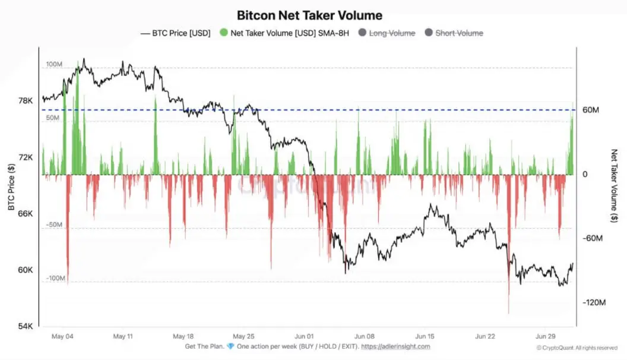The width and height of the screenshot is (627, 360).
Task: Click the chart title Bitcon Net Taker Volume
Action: tap(309, 15)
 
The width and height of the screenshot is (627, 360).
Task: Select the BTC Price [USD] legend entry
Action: tap(176, 33)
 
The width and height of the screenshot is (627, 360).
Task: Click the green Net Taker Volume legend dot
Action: tap(223, 33)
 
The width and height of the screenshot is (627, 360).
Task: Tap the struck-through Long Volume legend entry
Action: tap(387, 33)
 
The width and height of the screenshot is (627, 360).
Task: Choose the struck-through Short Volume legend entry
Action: tap(454, 33)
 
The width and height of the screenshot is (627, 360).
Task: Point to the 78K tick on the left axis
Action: tap(26, 101)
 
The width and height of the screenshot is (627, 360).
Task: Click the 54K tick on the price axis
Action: tap(26, 326)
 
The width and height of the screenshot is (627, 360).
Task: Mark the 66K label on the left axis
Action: tap(26, 214)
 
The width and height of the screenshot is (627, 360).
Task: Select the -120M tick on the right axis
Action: tap(594, 302)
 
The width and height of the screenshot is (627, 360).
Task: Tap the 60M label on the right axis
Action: tap(591, 110)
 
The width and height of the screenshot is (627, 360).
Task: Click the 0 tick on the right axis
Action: tap(585, 175)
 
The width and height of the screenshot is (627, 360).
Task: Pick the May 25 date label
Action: tap(243, 336)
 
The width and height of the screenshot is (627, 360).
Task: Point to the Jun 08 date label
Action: tap(365, 336)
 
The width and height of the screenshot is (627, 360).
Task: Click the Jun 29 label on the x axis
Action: tap(546, 336)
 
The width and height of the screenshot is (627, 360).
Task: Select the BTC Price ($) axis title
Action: tap(11, 187)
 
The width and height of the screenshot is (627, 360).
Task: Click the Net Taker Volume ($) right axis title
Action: tap(614, 185)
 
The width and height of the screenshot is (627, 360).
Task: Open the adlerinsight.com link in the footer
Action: tap(395, 346)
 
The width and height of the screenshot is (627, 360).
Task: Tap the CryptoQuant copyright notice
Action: tap(577, 348)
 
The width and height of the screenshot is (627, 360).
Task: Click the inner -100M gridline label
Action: tap(56, 278)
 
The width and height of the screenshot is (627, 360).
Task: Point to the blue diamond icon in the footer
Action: tap(231, 346)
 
